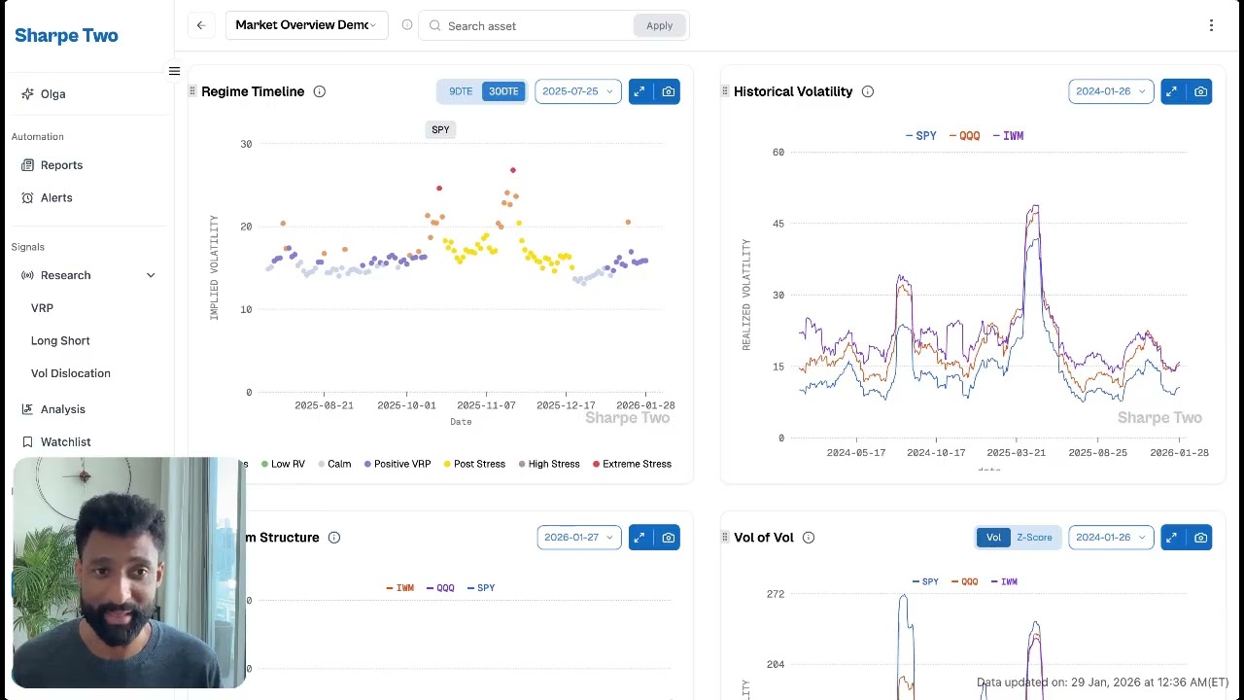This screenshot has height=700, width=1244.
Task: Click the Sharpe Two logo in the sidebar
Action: tap(66, 36)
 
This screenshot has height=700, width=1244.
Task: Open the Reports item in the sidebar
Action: tap(61, 165)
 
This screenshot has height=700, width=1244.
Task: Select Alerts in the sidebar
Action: tap(56, 197)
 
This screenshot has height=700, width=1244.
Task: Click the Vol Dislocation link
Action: tap(70, 373)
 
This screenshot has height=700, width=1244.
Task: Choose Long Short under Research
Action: tap(60, 340)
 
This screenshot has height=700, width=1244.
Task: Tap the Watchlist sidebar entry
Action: tap(65, 441)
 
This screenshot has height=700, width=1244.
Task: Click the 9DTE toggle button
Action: tap(460, 91)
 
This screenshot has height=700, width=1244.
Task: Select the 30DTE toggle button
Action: tap(503, 91)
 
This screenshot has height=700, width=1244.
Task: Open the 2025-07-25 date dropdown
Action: tap(577, 91)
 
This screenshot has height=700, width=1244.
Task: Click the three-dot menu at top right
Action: tap(1211, 25)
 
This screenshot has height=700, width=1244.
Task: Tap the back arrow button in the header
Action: tap(201, 25)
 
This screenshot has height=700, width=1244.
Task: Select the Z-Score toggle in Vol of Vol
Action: tap(1034, 538)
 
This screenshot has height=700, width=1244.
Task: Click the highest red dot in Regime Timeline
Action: tap(513, 170)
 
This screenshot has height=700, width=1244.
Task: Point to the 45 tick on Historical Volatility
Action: tap(777, 224)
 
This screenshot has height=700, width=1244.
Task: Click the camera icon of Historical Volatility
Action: tap(1200, 91)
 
